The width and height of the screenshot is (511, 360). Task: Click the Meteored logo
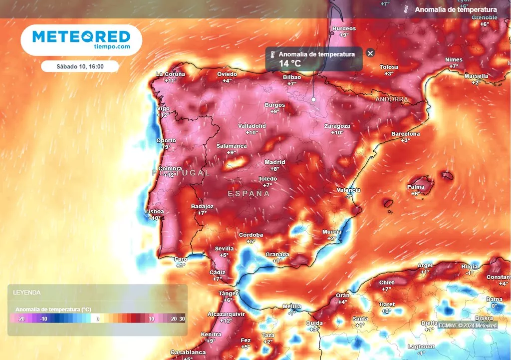click(x=81, y=39)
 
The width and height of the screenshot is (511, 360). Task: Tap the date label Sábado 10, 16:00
click(x=80, y=66)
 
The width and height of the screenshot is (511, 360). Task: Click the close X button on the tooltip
click(x=370, y=53)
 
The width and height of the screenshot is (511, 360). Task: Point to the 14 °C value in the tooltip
click(x=290, y=63)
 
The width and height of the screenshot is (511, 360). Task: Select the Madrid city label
click(x=274, y=162)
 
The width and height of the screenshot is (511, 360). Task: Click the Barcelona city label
click(x=405, y=134)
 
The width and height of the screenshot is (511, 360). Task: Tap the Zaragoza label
click(x=337, y=126)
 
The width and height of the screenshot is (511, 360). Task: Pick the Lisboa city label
click(x=154, y=212)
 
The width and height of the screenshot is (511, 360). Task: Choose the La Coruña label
click(x=170, y=74)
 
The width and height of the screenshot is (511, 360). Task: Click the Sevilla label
click(x=224, y=249)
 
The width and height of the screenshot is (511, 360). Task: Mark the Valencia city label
click(x=348, y=190)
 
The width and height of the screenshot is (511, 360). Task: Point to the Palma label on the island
click(x=416, y=187)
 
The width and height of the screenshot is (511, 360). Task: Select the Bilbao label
click(x=292, y=77)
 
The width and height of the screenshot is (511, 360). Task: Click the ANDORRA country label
click(x=391, y=99)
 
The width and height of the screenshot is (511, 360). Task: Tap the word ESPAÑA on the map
click(x=249, y=193)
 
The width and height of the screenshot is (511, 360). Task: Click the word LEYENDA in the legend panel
click(x=27, y=293)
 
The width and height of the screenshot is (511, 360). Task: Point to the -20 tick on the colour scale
click(x=20, y=319)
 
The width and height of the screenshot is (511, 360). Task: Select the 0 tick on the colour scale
click(x=98, y=319)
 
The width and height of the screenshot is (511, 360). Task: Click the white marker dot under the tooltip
click(x=313, y=99)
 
